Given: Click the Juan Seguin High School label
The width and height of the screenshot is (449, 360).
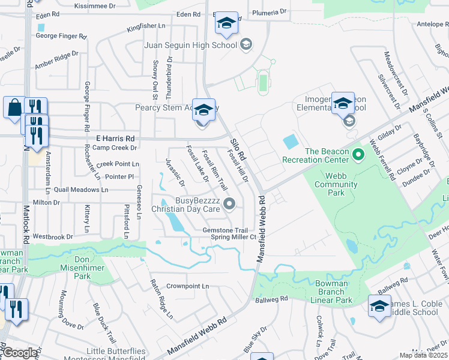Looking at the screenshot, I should tap(191, 45).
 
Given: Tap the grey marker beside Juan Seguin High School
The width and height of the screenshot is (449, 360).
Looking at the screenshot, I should tap(246, 44).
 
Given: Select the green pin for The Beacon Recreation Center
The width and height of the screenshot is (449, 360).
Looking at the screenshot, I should tap(358, 155).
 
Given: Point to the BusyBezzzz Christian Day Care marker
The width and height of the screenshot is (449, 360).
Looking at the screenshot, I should tap(229, 205).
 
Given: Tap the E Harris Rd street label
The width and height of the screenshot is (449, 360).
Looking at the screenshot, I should tap(114, 139).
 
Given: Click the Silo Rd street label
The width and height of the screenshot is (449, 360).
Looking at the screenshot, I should tap(239, 146).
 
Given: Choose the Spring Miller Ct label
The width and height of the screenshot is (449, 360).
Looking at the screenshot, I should tap(233, 237).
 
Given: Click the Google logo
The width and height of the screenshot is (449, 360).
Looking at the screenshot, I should tap(19, 353).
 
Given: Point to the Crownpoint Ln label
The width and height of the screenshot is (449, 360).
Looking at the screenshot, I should tap(188, 286).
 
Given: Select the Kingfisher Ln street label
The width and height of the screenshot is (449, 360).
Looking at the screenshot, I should tap(145, 26).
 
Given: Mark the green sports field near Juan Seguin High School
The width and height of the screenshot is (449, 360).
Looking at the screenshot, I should tap(262, 83).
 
